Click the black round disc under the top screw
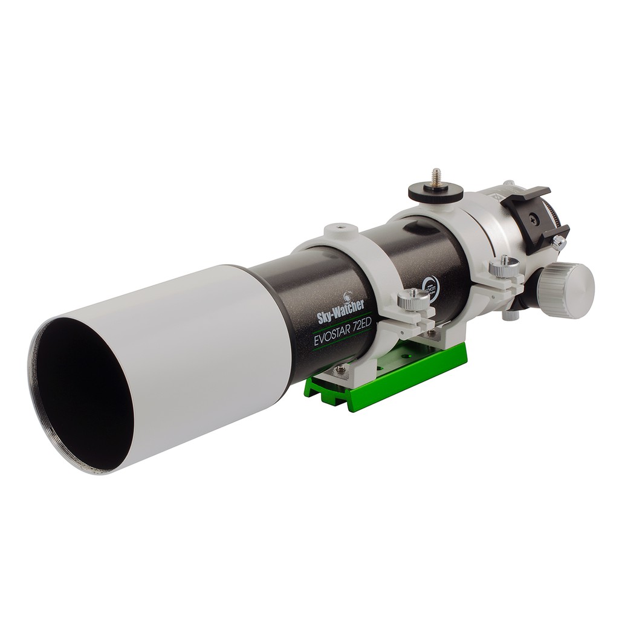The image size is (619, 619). pyautogui.click(x=435, y=193)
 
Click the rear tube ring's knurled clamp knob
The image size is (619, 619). pyautogui.click(x=504, y=267)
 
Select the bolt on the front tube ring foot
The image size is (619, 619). pyautogui.click(x=342, y=368)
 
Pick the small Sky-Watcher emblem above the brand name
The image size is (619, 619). pyautogui.click(x=348, y=297)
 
